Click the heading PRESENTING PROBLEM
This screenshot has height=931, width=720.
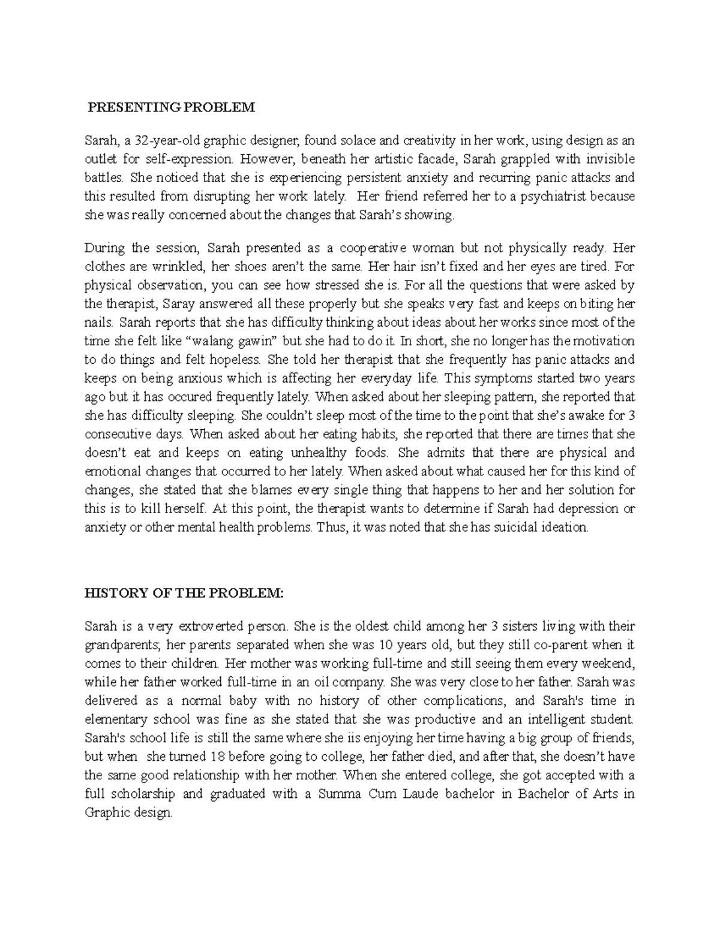[x=172, y=108]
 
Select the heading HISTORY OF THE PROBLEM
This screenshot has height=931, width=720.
[x=182, y=593]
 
